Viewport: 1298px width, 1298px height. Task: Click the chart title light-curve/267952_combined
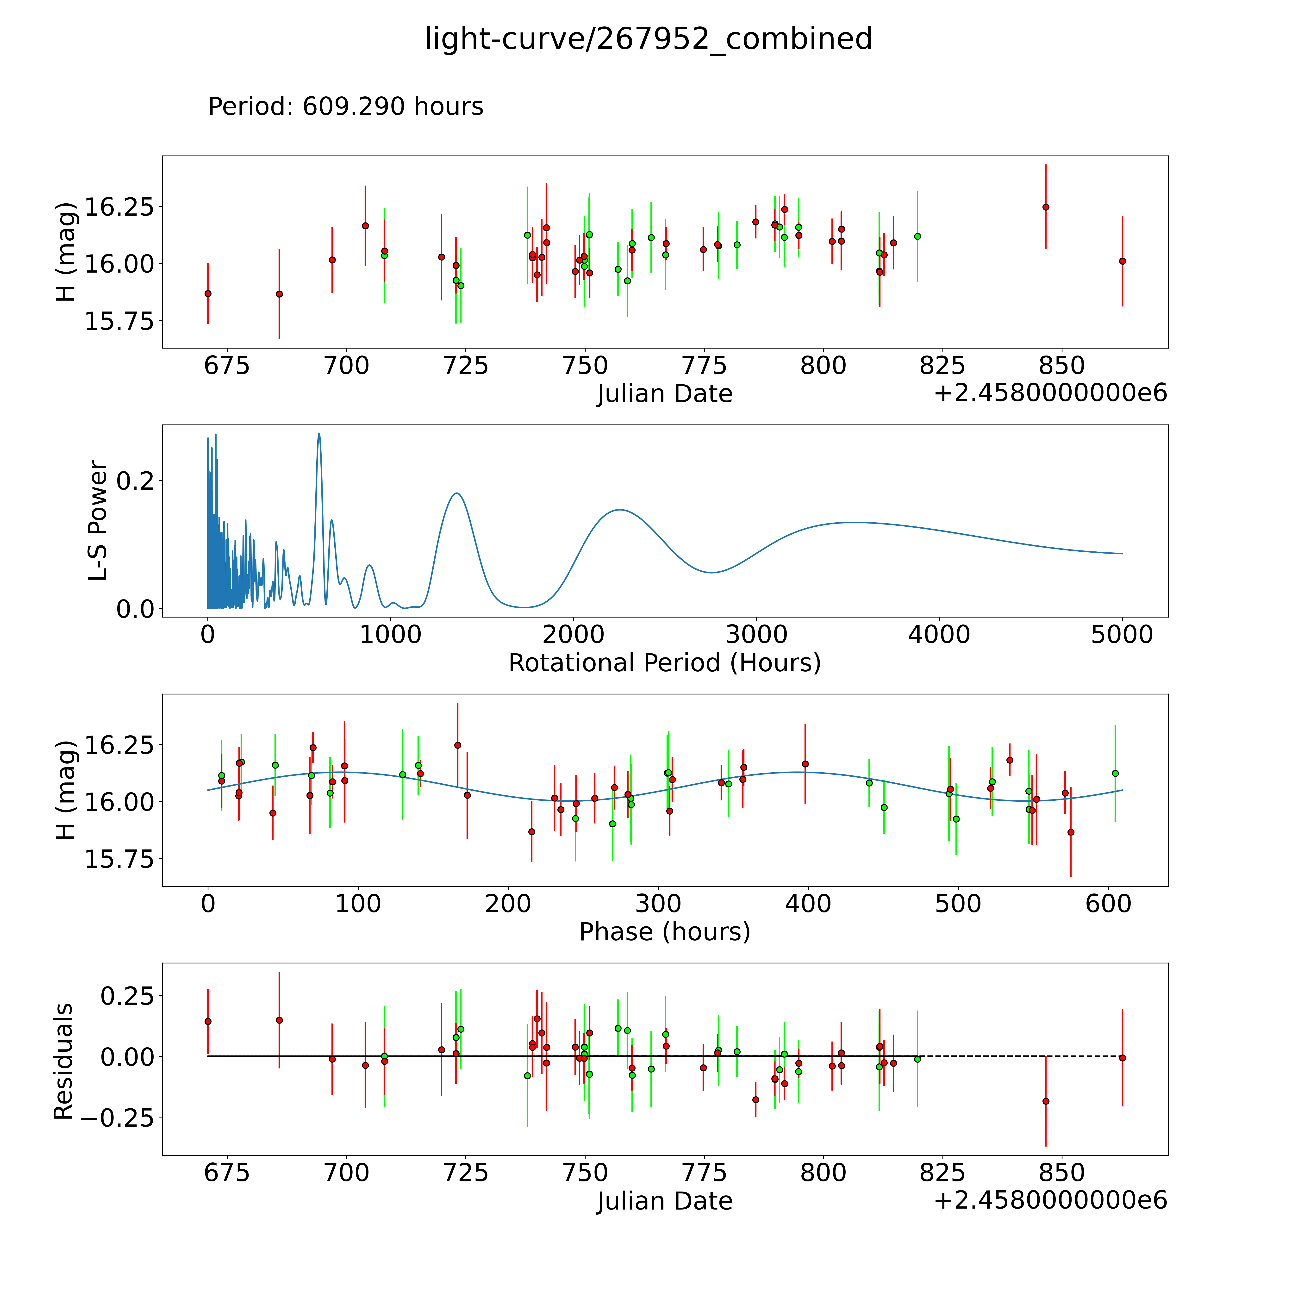pyautogui.click(x=648, y=39)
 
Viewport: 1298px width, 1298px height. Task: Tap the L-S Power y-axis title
pyautogui.click(x=98, y=521)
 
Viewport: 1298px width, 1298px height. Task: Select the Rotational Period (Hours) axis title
pyautogui.click(x=664, y=663)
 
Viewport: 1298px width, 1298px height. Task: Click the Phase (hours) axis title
pyautogui.click(x=664, y=932)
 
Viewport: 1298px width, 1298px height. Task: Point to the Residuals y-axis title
pyautogui.click(x=63, y=1061)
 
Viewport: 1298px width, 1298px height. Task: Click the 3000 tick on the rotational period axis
pyautogui.click(x=756, y=634)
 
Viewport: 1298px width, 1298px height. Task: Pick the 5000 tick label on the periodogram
pyautogui.click(x=1122, y=634)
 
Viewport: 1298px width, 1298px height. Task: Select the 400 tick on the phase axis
pyautogui.click(x=808, y=904)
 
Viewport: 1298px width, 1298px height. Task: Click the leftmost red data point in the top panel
pyautogui.click(x=208, y=293)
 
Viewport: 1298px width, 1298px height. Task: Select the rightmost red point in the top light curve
pyautogui.click(x=1122, y=261)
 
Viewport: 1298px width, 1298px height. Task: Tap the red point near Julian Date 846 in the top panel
pyautogui.click(x=1045, y=207)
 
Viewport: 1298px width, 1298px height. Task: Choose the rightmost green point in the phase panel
pyautogui.click(x=1115, y=773)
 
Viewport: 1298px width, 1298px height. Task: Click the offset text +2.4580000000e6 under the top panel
pyautogui.click(x=1050, y=393)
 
